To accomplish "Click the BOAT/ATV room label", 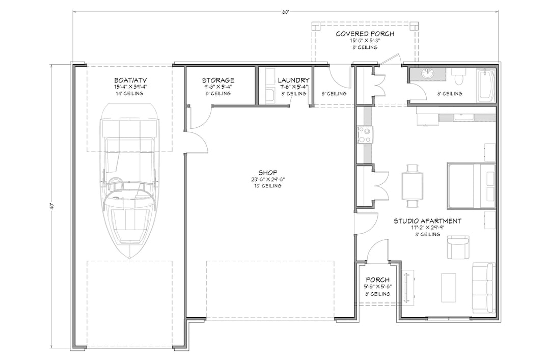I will point(128,80).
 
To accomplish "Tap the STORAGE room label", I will point(218,80).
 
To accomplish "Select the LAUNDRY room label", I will point(293,80).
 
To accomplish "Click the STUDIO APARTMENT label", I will point(427,221).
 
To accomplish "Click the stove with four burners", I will point(365,134).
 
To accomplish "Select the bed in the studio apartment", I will point(471,185).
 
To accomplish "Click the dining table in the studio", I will point(412,185).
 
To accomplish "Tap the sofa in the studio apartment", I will point(483,288).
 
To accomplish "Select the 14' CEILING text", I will point(128,94).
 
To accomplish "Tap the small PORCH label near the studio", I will point(377,280).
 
